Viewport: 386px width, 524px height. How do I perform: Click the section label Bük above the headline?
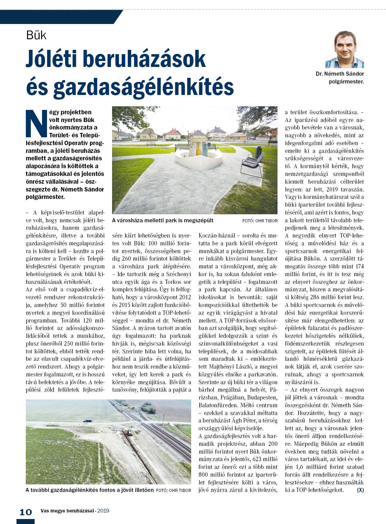point(36,35)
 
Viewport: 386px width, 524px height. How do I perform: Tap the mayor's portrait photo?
point(345,50)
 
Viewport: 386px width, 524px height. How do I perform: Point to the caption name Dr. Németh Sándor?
point(340,74)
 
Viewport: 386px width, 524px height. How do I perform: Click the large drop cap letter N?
point(36,123)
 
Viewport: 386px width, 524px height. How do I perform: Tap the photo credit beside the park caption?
point(260,221)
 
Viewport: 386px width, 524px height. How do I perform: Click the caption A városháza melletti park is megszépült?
point(162,220)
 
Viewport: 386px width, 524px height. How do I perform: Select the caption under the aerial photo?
point(90,490)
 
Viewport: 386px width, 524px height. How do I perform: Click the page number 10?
point(26,512)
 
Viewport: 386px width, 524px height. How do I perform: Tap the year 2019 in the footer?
point(103,511)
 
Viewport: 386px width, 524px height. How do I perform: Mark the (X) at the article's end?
point(360,490)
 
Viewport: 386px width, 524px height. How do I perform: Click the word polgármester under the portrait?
point(346,82)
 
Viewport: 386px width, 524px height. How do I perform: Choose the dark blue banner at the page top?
point(59,17)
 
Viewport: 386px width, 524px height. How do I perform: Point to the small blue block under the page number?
point(26,521)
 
